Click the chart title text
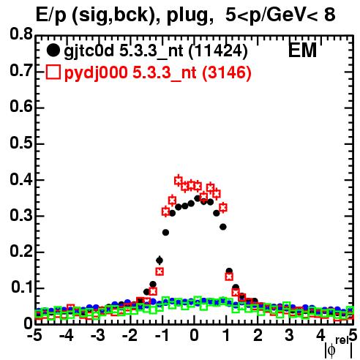(186, 15)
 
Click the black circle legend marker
(53, 50)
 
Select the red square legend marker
(53, 72)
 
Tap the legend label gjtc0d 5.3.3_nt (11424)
(156, 51)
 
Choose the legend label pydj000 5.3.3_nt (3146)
(158, 72)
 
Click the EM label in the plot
(302, 50)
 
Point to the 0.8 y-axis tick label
(21, 34)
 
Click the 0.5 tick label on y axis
(21, 143)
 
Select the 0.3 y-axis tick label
(21, 215)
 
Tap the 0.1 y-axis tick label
(22, 288)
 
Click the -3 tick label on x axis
(97, 335)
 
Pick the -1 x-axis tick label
(162, 335)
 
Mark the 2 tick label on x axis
(258, 335)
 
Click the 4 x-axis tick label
(321, 335)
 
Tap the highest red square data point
(179, 181)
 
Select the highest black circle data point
(198, 198)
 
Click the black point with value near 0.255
(165, 233)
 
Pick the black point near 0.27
(223, 227)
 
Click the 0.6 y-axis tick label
(21, 107)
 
